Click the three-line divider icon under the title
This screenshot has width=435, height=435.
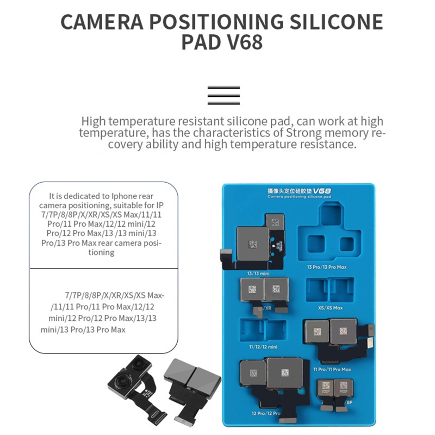pos(223,95)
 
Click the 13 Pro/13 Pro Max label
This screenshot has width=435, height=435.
pos(326,267)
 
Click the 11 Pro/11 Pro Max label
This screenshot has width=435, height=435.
pos(332,369)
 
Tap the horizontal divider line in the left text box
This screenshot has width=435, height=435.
pos(103,268)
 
